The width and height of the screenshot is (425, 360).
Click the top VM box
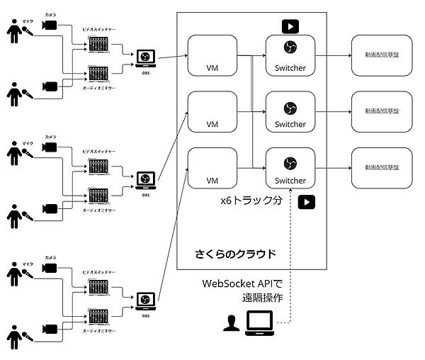coord(211,53)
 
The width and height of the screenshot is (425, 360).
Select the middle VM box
coord(211,112)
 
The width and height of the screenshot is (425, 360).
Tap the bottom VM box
coord(211,168)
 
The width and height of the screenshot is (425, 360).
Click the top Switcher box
coord(290,53)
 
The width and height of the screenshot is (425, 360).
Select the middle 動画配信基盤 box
coord(381,111)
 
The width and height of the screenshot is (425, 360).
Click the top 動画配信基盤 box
coord(381,53)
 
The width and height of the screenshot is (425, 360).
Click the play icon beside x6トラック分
coord(307,202)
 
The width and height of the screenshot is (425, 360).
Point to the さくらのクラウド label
coord(235,253)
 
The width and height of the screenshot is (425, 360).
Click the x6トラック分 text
coord(251,201)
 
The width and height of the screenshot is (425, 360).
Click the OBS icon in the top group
coord(146,57)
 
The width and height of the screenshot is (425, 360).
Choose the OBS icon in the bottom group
coord(146,300)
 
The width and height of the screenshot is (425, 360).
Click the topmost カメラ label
coord(50,14)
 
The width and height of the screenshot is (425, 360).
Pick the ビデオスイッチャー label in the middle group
coord(99,153)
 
